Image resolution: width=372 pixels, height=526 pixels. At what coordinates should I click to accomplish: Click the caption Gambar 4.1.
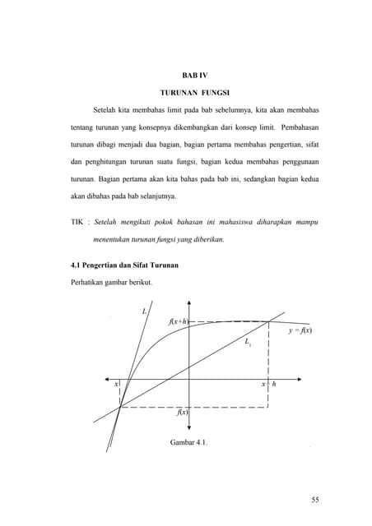[x=188, y=444]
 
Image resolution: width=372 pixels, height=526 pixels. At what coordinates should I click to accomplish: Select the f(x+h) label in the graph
[x=177, y=321]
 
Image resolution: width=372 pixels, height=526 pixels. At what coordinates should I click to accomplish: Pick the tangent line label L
[x=144, y=311]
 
